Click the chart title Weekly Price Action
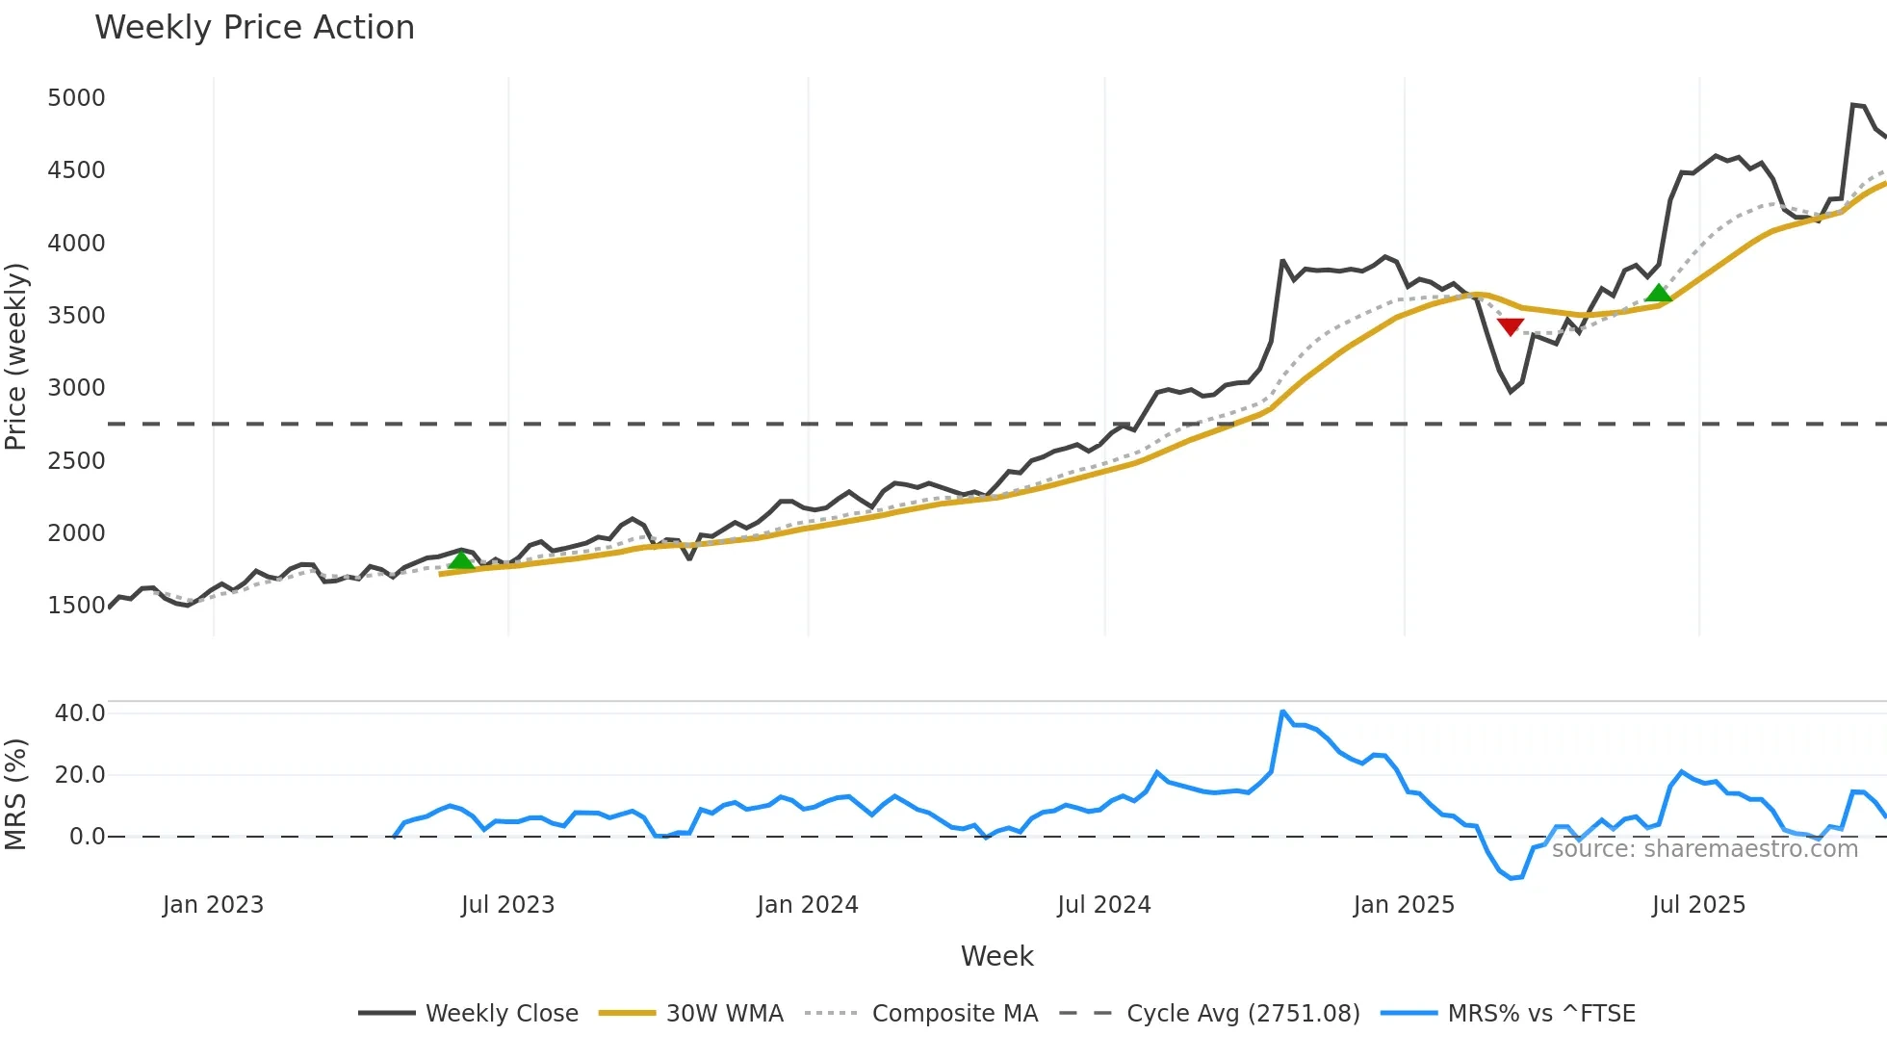click(254, 28)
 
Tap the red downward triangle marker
click(1511, 326)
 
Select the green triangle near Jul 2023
click(461, 560)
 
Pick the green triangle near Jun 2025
click(1658, 293)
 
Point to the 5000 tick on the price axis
click(76, 98)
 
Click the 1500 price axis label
click(76, 606)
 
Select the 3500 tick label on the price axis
click(76, 316)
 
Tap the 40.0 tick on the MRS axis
click(80, 713)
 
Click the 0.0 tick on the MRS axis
click(87, 837)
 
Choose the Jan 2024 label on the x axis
click(807, 905)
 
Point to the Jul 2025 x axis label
click(1698, 905)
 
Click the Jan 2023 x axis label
click(213, 905)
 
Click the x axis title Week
click(996, 956)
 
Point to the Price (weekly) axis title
click(16, 356)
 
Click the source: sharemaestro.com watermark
click(1704, 849)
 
